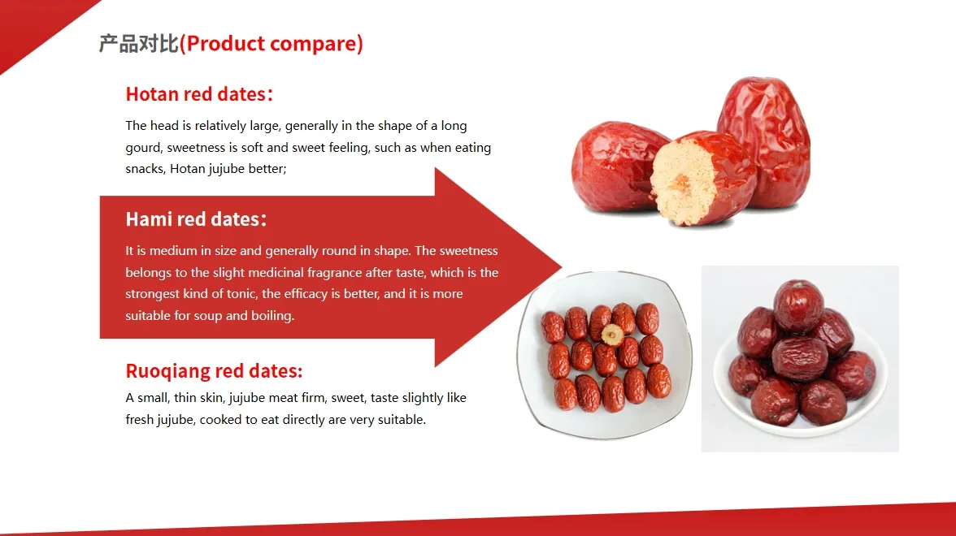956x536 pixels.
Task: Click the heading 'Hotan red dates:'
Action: click(x=199, y=94)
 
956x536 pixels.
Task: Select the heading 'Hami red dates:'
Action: click(x=196, y=219)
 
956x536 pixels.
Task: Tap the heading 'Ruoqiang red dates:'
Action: click(x=214, y=371)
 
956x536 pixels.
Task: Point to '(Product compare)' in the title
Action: click(x=272, y=44)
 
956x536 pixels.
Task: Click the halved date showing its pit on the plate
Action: click(x=611, y=333)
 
